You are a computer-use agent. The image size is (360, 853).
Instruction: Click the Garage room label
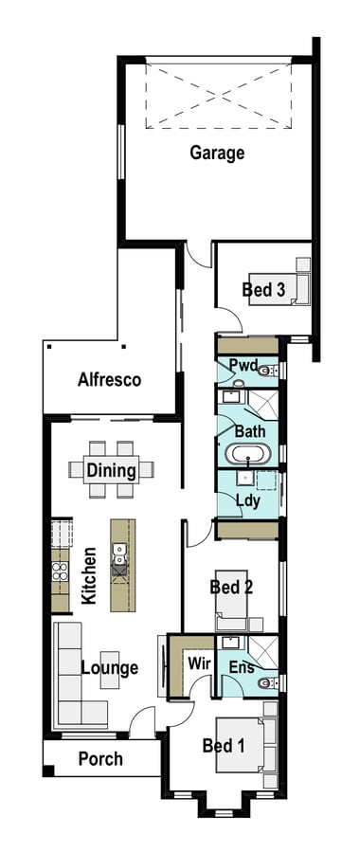pyautogui.click(x=217, y=154)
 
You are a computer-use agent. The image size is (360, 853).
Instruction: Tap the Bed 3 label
pyautogui.click(x=263, y=289)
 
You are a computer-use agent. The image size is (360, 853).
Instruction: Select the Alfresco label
pyautogui.click(x=109, y=379)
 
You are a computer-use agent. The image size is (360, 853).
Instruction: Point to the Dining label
pyautogui.click(x=111, y=470)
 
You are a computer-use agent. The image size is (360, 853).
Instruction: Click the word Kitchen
pyautogui.click(x=89, y=575)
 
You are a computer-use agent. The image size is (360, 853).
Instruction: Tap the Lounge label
pyautogui.click(x=110, y=667)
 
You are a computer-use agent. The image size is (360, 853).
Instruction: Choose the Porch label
pyautogui.click(x=100, y=758)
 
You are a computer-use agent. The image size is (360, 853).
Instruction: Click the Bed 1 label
pyautogui.click(x=223, y=745)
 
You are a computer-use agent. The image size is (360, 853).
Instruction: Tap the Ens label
pyautogui.click(x=242, y=667)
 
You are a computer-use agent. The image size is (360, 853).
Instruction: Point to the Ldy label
pyautogui.click(x=248, y=500)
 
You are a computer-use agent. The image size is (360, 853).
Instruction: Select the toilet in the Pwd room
pyautogui.click(x=266, y=371)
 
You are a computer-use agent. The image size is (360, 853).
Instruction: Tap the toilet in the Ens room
pyautogui.click(x=267, y=683)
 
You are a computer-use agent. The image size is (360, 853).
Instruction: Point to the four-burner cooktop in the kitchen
pyautogui.click(x=61, y=572)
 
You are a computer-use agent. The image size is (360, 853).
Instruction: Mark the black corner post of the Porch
pyautogui.click(x=48, y=771)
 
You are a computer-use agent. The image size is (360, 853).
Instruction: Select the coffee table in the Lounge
pyautogui.click(x=109, y=670)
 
